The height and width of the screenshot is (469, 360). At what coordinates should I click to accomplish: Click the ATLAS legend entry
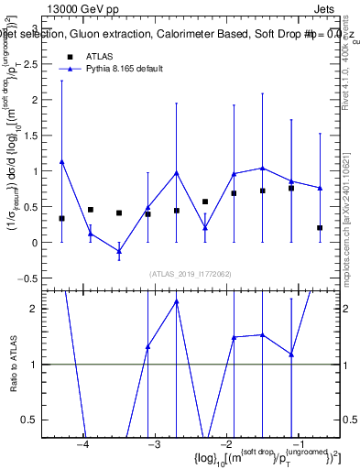tap(99, 57)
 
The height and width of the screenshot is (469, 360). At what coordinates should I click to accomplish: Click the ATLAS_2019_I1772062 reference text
tap(191, 274)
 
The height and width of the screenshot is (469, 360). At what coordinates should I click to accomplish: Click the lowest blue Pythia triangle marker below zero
tap(119, 251)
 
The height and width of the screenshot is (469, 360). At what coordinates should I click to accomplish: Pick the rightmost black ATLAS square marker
tap(320, 227)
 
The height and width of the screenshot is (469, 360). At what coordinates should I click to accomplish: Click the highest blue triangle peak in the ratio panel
tap(176, 300)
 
